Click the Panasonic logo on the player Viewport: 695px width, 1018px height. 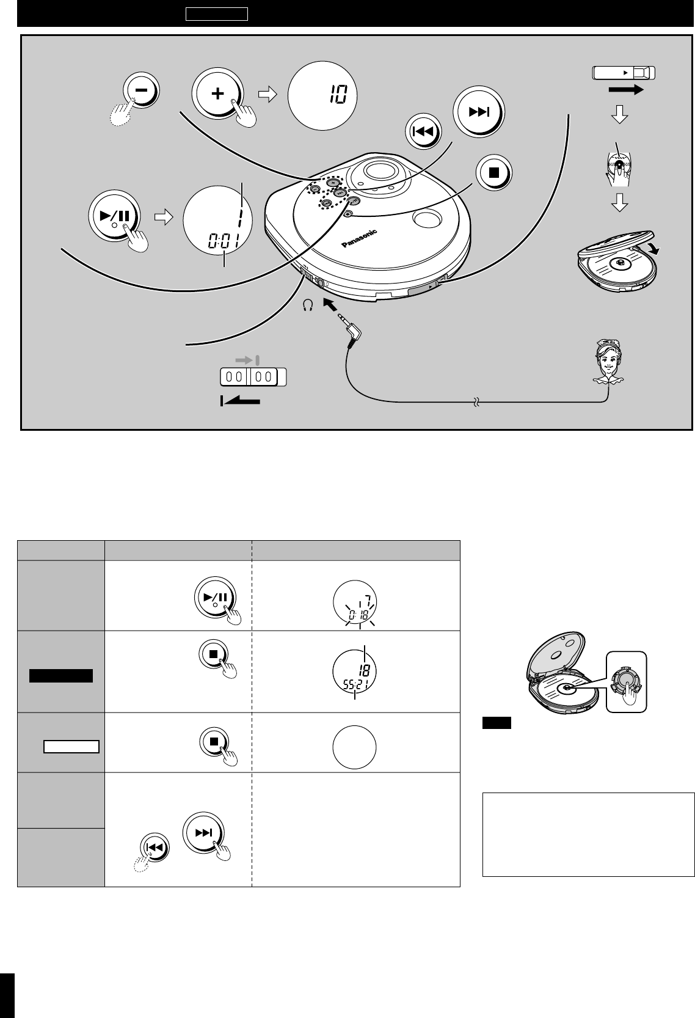tap(359, 239)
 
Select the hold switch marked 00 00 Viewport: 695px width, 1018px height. tap(252, 376)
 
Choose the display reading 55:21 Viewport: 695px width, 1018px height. tap(355, 672)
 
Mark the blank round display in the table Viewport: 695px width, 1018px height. tap(355, 746)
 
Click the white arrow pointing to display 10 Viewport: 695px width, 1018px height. tap(267, 95)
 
